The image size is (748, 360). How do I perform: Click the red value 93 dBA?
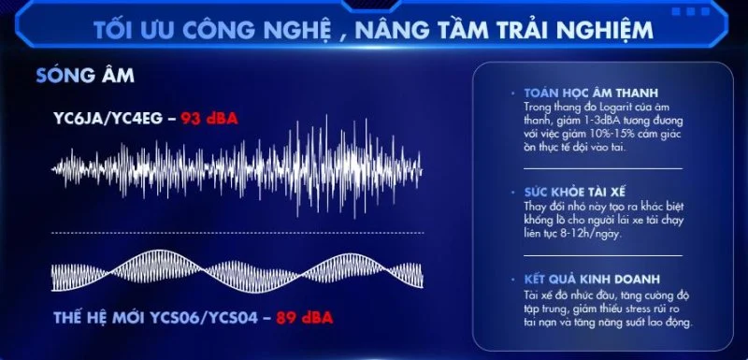tap(209, 118)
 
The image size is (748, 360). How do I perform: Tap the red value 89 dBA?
tap(305, 318)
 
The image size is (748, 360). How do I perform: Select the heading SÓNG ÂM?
tap(85, 76)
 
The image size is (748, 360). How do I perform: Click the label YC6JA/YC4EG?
tap(108, 118)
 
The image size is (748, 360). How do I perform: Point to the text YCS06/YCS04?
tap(205, 318)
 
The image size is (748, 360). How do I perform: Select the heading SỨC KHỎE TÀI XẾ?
tap(574, 193)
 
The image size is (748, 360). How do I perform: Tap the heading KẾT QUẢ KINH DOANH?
tap(592, 279)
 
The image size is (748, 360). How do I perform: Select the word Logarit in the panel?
tap(605, 106)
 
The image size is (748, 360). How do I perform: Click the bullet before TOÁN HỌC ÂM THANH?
tap(512, 93)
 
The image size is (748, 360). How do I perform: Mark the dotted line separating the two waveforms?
tap(237, 233)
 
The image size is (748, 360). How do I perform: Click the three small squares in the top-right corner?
tap(691, 11)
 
